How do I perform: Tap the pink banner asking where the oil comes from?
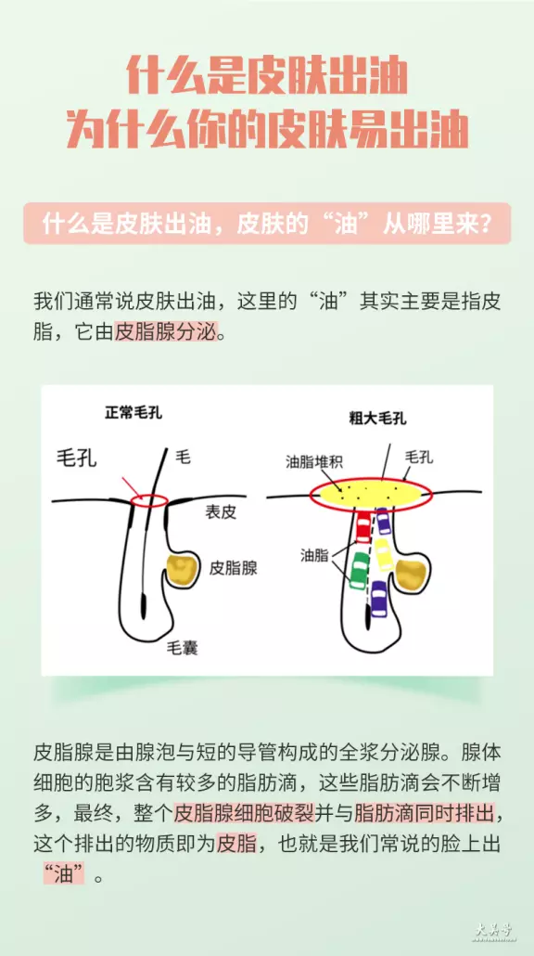click(x=267, y=224)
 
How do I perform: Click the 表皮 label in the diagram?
click(x=220, y=512)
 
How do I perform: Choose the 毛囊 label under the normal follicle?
click(x=182, y=648)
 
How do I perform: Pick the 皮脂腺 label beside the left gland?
click(x=234, y=569)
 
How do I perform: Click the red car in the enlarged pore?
click(x=363, y=527)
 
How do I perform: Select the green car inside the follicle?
click(x=358, y=570)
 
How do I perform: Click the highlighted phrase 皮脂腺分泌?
click(x=166, y=334)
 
